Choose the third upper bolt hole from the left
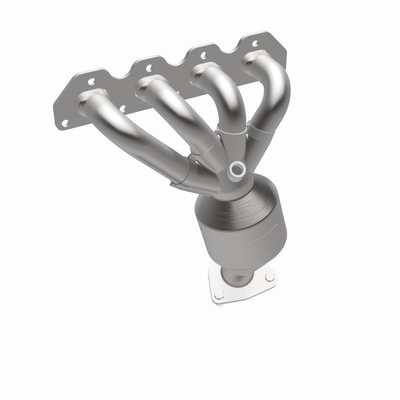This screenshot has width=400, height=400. tap(203, 51)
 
